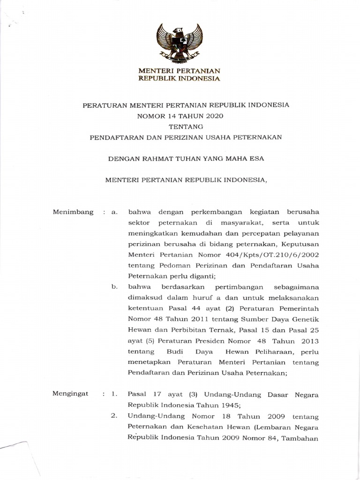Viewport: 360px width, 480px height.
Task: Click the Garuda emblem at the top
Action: [x=180, y=44]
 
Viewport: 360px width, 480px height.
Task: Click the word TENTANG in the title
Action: [x=186, y=126]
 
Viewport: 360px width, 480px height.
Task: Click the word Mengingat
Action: [x=71, y=395]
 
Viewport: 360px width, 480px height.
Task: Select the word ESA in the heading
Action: [x=257, y=158]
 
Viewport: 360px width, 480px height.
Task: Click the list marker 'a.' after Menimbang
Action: [x=113, y=212]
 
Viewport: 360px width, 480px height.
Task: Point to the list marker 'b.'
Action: [x=113, y=286]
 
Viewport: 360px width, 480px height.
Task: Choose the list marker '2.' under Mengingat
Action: [x=113, y=416]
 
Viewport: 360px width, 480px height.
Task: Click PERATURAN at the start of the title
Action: [x=104, y=105]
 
